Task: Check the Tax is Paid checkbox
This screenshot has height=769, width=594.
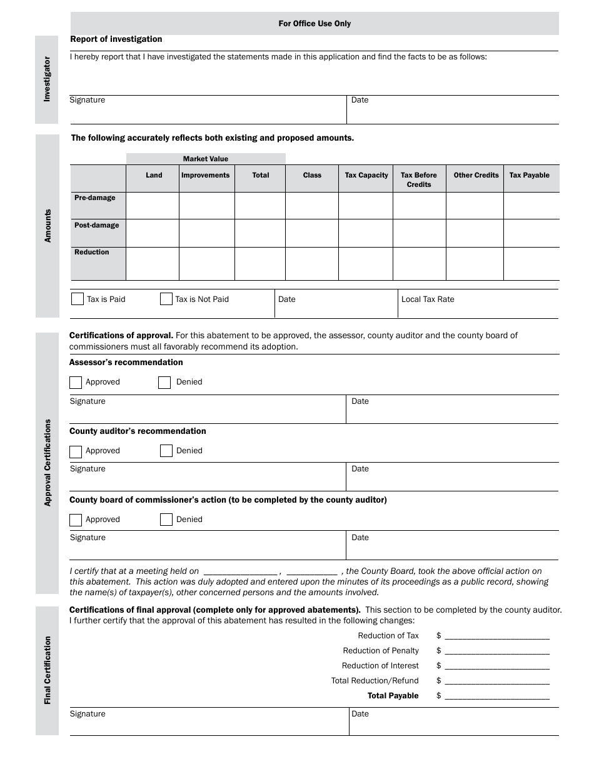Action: [x=78, y=299]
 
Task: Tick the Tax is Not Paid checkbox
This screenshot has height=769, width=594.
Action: [x=166, y=299]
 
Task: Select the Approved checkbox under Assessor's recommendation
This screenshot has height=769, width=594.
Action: [x=76, y=382]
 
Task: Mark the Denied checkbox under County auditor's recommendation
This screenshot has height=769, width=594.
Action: [x=166, y=451]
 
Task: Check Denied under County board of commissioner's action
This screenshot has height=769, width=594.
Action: [x=166, y=520]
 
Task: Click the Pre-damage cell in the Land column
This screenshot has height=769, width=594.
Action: [x=153, y=205]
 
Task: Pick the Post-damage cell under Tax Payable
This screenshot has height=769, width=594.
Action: [x=531, y=233]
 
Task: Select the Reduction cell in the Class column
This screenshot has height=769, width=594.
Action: [x=312, y=263]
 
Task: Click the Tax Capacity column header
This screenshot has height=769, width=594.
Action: [x=366, y=176]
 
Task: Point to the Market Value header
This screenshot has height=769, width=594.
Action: [x=206, y=159]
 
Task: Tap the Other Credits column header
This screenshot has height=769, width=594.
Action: [x=476, y=176]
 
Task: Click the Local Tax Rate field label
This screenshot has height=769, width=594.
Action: [x=428, y=299]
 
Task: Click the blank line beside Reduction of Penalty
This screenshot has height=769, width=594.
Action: [x=497, y=651]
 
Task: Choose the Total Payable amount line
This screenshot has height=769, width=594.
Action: [x=497, y=696]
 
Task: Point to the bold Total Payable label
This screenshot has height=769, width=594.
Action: [x=393, y=696]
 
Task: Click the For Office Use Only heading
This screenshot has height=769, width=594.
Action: [x=315, y=24]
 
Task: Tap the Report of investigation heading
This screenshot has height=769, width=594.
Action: [x=116, y=39]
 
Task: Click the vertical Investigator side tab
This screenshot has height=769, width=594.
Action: [x=47, y=79]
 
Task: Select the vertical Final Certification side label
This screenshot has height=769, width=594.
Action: [x=48, y=670]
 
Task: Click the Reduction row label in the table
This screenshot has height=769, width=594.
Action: [x=92, y=253]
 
